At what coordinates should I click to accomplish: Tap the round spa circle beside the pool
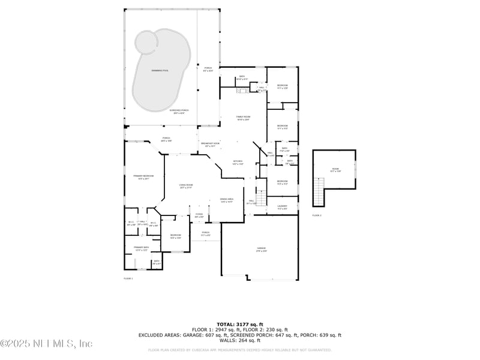click(146, 41)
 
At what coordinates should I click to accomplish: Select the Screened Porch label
click(179, 112)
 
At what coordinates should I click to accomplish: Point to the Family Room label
click(242, 118)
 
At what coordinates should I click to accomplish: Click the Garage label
click(261, 249)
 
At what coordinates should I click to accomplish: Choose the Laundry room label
click(282, 207)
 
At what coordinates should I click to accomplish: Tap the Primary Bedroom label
click(143, 177)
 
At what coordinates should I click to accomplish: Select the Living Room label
click(185, 187)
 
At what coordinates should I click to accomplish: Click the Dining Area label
click(226, 200)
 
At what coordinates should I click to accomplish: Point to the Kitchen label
click(238, 162)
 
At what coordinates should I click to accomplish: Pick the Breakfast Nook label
click(210, 145)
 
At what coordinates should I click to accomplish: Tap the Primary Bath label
click(141, 248)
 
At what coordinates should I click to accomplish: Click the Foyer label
click(199, 215)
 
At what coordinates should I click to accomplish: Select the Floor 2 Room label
click(335, 170)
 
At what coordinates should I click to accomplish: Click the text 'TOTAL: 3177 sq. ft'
click(240, 324)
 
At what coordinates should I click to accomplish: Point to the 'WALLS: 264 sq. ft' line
click(240, 340)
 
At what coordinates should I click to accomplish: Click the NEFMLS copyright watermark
click(47, 344)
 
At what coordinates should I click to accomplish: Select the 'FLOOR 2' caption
click(316, 215)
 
